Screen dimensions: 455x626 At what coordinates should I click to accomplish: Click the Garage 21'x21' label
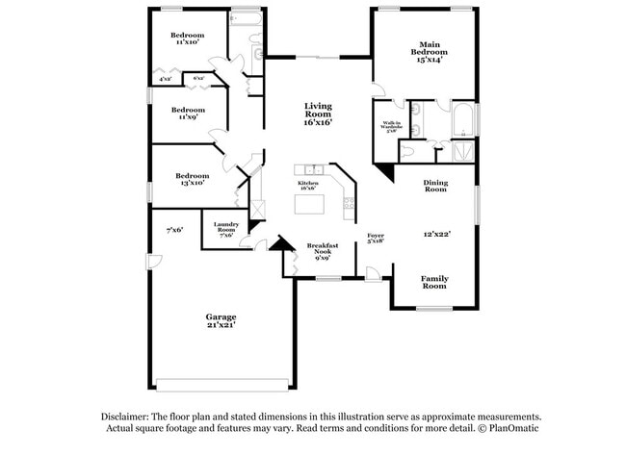click(221, 320)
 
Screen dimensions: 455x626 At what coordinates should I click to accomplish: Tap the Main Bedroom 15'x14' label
click(429, 55)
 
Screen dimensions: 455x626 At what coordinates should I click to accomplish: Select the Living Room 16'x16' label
click(318, 114)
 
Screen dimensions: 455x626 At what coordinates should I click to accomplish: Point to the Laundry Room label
click(226, 230)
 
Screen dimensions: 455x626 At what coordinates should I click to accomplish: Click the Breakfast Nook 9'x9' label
click(323, 252)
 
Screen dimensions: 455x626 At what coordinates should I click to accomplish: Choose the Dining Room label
click(435, 186)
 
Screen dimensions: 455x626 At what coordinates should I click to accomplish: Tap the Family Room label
click(434, 282)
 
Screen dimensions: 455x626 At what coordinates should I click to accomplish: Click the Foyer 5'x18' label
click(376, 238)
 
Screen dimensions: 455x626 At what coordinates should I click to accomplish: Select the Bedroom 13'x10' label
click(192, 179)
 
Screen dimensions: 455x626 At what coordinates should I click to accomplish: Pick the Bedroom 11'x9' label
click(188, 113)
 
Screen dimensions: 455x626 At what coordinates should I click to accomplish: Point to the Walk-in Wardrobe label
click(391, 127)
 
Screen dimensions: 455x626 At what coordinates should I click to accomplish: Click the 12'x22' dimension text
click(436, 234)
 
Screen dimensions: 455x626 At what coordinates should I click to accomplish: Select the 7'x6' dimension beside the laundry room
click(174, 230)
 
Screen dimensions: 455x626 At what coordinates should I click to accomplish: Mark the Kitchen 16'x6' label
click(308, 185)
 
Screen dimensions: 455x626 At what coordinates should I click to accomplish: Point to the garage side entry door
click(148, 262)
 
